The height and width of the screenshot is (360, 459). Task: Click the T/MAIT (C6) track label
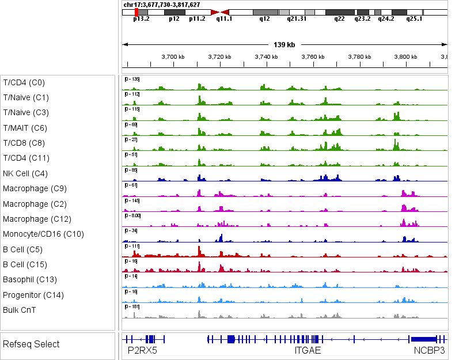[x=25, y=128]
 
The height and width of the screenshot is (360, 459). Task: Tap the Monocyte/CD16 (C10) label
[x=43, y=234]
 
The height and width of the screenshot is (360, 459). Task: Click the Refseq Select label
[x=31, y=344]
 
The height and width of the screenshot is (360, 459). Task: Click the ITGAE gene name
[x=308, y=350]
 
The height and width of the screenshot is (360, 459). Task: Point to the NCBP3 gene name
[x=429, y=350]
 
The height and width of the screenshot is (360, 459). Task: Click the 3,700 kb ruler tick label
[x=173, y=57]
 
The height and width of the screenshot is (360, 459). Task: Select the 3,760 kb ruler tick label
[x=313, y=57]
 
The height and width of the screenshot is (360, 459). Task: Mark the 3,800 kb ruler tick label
[x=406, y=57]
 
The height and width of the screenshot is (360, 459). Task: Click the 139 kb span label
[x=284, y=44]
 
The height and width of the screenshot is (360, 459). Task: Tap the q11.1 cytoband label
[x=224, y=18]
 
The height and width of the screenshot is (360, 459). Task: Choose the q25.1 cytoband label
[x=414, y=18]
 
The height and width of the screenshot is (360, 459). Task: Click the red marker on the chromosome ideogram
[x=136, y=12]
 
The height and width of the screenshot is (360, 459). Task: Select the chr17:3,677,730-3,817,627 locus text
[x=162, y=5]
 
